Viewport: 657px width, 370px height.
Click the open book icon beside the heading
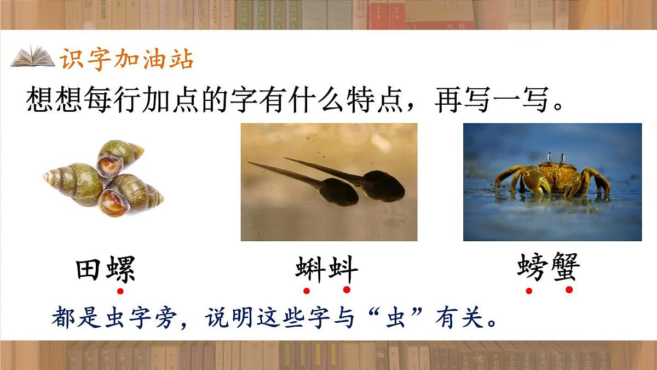(33, 57)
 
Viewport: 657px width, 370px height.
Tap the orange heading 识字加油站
(126, 59)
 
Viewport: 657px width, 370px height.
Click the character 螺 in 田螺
(119, 270)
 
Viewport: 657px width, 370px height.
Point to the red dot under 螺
(120, 291)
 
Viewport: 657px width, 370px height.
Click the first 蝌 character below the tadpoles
(310, 270)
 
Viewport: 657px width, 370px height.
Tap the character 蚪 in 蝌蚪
(343, 270)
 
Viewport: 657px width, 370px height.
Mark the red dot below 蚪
(347, 290)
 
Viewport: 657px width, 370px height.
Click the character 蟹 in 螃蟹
(565, 267)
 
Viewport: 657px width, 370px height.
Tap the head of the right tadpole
(384, 186)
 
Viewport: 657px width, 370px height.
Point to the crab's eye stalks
(555, 158)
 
